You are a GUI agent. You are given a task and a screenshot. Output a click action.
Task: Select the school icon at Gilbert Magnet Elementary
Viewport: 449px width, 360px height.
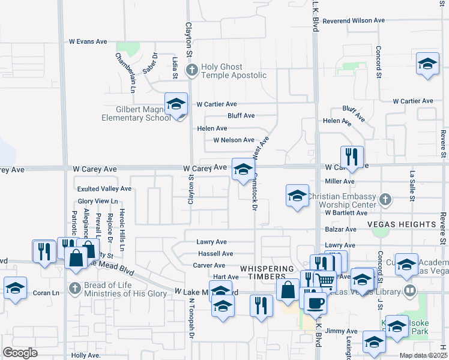coord(176,104)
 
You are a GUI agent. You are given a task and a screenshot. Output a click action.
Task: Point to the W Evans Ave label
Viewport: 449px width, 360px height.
coord(88,41)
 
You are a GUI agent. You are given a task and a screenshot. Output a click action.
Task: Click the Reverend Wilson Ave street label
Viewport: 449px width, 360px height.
coord(353,20)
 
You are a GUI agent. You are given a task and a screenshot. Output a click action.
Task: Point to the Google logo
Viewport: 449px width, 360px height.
coord(20,353)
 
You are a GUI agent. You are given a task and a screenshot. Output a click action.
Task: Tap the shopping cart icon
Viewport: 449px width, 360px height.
coord(325,280)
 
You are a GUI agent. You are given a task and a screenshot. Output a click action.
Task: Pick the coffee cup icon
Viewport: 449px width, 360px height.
coord(315,303)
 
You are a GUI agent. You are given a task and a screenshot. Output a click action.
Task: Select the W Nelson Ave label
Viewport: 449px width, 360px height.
coord(234,140)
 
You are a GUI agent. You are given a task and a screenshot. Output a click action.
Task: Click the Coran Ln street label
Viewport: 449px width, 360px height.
coord(47,293)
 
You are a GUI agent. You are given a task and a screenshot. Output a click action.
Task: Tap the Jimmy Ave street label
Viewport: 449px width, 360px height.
coord(341,331)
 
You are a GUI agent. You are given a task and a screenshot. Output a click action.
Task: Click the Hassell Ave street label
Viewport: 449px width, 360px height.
coord(215,254)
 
